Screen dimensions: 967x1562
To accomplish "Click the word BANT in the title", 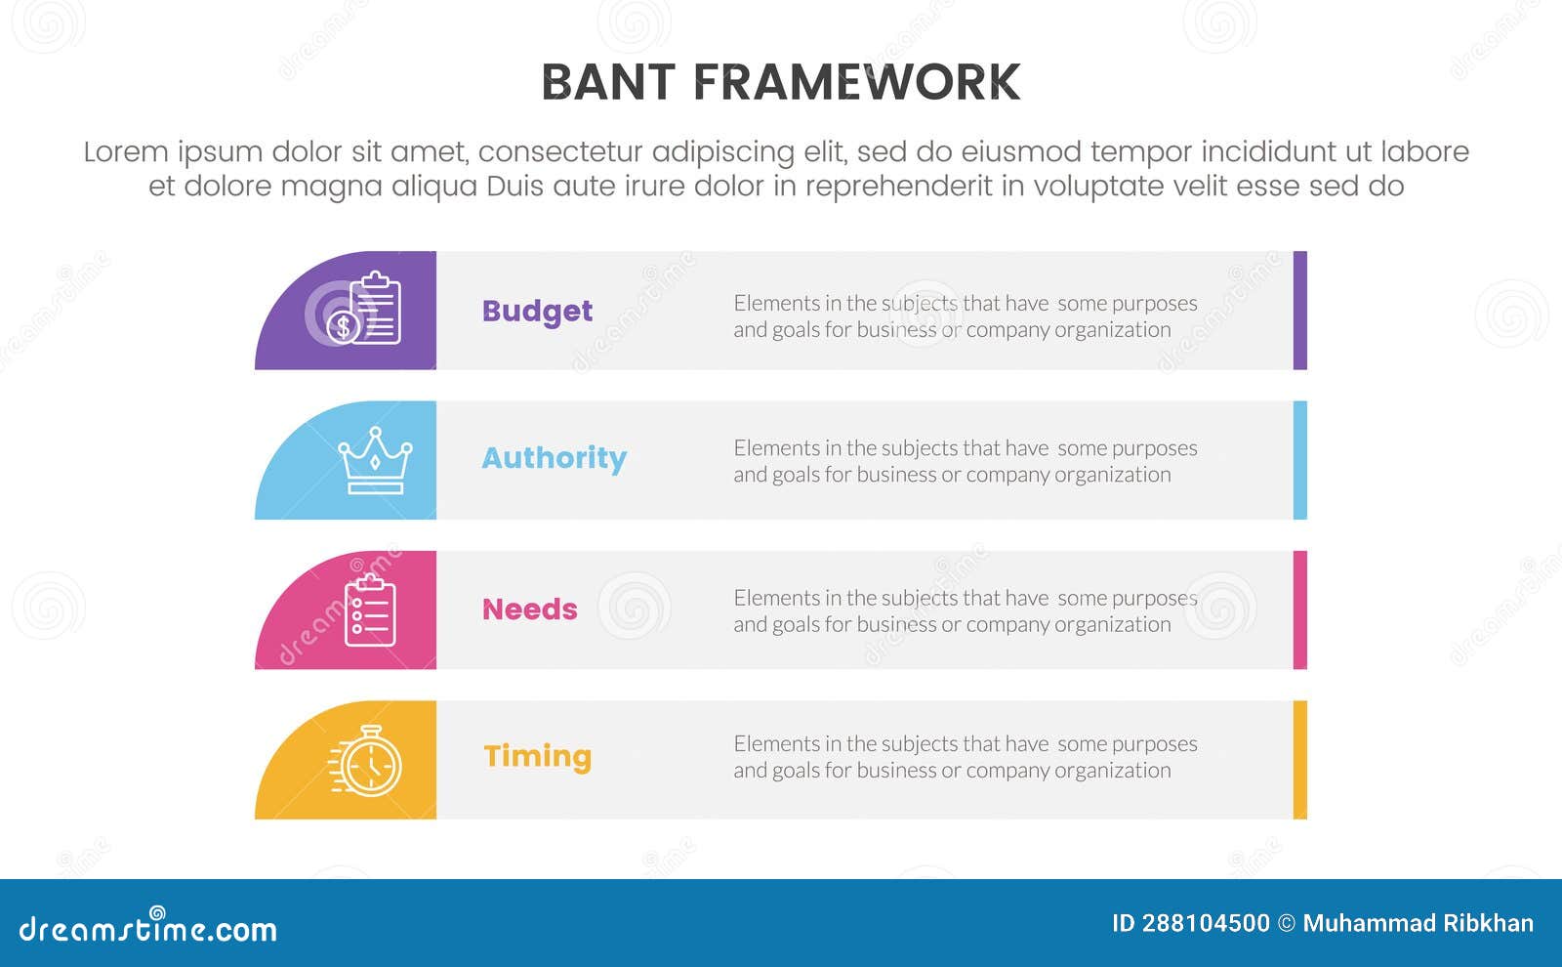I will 607,83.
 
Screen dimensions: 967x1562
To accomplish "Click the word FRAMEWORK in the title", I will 856,83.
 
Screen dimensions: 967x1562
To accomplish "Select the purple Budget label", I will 537,311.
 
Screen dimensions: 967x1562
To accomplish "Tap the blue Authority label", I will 554,458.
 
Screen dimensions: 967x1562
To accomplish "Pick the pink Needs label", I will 529,610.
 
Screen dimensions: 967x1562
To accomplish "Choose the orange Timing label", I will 537,756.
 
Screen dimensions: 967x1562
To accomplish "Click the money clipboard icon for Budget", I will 365,310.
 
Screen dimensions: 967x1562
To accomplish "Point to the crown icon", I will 374,460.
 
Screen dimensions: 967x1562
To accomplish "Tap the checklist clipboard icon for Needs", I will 370,610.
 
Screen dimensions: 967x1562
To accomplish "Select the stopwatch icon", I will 367,761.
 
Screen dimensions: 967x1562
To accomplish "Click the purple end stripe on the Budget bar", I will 1299,311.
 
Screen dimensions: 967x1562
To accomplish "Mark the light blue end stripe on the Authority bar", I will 1299,460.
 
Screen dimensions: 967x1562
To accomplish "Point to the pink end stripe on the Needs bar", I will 1299,610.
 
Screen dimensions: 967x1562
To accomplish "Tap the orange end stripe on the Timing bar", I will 1299,760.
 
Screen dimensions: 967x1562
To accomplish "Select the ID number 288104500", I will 1205,923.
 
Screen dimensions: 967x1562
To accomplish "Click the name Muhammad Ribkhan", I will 1418,923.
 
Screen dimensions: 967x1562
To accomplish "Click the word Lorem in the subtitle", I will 125,152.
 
